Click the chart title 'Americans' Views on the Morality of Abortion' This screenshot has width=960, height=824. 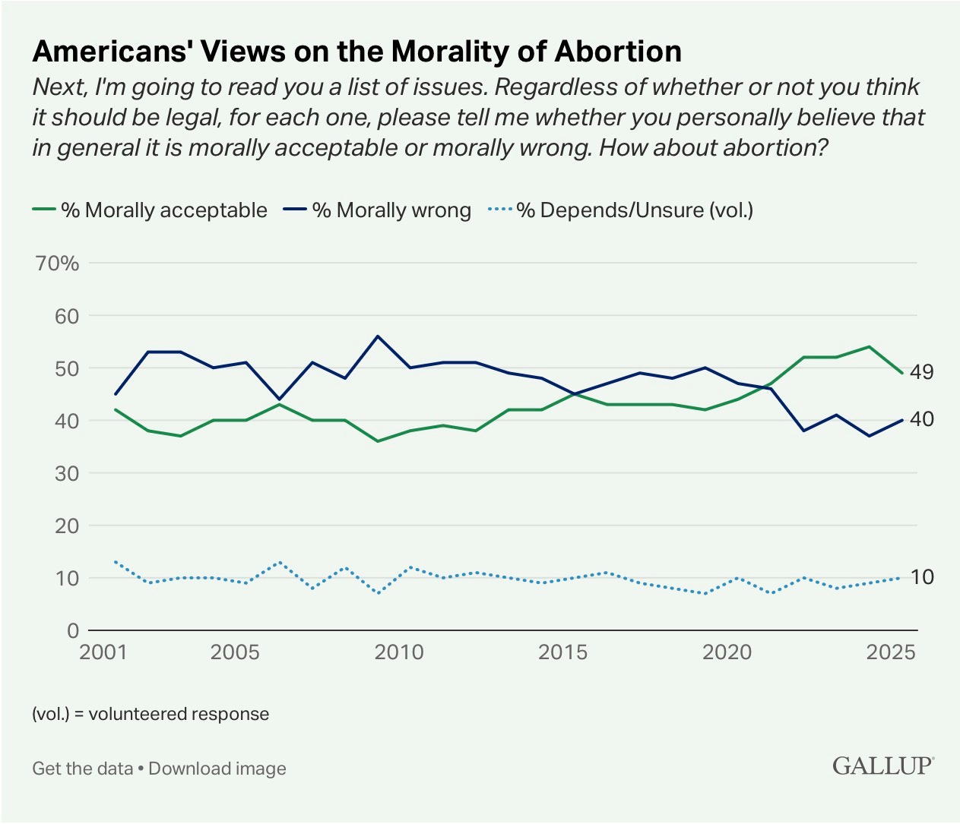(357, 52)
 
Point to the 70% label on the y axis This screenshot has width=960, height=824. (57, 264)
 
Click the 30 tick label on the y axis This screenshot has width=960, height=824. (66, 473)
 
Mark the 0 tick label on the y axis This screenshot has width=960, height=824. (73, 631)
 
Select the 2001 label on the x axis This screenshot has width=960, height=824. (103, 652)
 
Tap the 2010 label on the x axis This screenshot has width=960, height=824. (399, 652)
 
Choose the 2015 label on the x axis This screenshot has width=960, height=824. (562, 652)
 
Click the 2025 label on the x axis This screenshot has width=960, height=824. (891, 652)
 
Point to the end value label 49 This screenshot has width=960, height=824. (922, 372)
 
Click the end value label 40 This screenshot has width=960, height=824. (922, 419)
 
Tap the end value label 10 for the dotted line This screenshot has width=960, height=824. (922, 577)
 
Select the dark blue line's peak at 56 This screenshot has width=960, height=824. (378, 336)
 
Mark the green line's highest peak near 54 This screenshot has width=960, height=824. (869, 346)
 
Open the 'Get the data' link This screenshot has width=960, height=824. (82, 769)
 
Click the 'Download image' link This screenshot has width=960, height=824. (217, 769)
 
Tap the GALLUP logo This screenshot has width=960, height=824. (882, 766)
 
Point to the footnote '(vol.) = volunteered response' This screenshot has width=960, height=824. (150, 715)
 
